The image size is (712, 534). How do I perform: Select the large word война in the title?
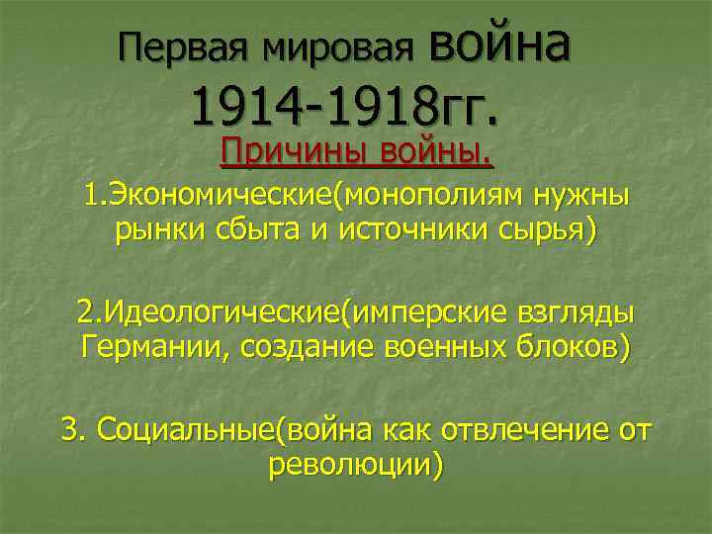[499, 44]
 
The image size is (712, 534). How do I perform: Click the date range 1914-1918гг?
[345, 106]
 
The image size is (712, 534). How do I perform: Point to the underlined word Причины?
[288, 153]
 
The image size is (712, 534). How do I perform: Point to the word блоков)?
[575, 348]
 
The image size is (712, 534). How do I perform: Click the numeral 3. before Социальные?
[74, 430]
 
